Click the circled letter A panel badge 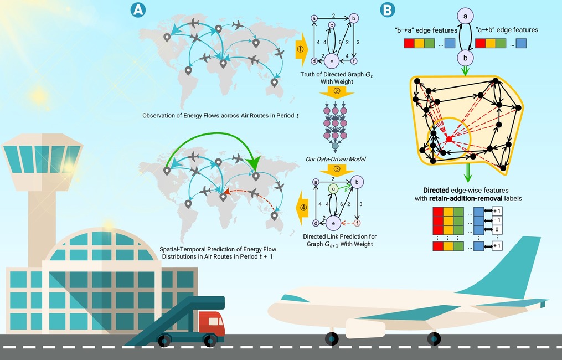138,9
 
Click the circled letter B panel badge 388,10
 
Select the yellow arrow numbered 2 337,92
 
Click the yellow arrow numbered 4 302,208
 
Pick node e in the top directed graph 332,61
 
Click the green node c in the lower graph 333,189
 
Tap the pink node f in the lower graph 357,223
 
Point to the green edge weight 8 346,191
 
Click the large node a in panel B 465,16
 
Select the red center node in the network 449,139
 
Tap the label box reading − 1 497,220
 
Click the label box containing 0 497,229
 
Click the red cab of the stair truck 212,323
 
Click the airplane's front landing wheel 332,339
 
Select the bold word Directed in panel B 436,191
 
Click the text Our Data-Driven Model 336,159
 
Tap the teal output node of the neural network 335,146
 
